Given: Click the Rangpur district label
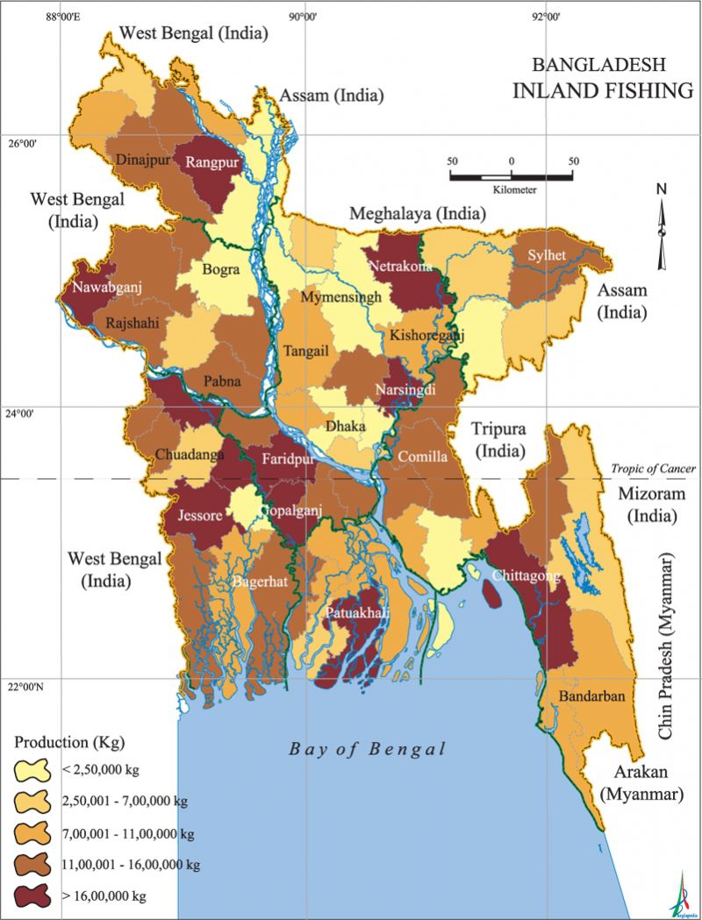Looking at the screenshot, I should click(209, 161).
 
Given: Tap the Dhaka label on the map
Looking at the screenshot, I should click(345, 426).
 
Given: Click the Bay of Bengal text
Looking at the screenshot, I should click(367, 749).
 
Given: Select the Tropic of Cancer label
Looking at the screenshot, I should click(653, 468).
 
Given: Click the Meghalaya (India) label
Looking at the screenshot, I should click(417, 213).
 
